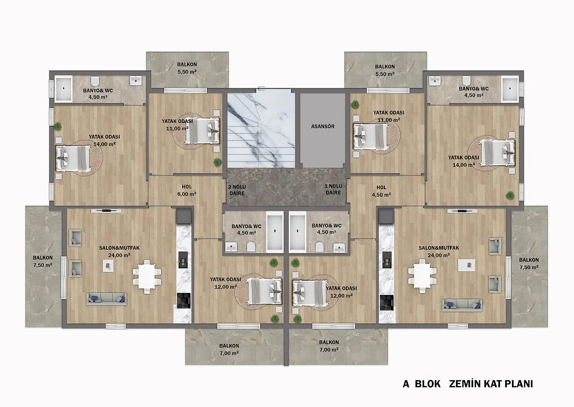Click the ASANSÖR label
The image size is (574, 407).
point(322,127)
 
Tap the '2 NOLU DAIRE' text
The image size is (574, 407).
point(236,190)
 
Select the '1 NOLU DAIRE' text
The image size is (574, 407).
point(333,189)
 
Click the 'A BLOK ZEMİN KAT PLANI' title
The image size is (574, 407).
point(468,384)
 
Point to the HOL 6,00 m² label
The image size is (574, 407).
point(187,190)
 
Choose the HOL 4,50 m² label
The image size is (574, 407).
point(381,191)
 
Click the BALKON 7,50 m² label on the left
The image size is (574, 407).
point(43,261)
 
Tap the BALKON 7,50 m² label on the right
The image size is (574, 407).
point(529,264)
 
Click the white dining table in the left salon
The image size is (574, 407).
point(147,276)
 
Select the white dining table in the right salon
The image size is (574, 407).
point(422,276)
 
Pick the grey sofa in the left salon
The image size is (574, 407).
point(107,299)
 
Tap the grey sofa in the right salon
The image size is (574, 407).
point(462,305)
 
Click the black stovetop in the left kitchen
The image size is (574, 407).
point(183,300)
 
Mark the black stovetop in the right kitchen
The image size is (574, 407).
point(387,302)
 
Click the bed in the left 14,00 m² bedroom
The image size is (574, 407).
point(73,158)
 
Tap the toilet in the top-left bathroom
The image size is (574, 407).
point(96,80)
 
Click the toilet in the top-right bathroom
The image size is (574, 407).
point(467,80)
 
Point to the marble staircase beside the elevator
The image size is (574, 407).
point(261,130)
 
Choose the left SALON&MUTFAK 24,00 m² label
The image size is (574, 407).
point(119,252)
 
